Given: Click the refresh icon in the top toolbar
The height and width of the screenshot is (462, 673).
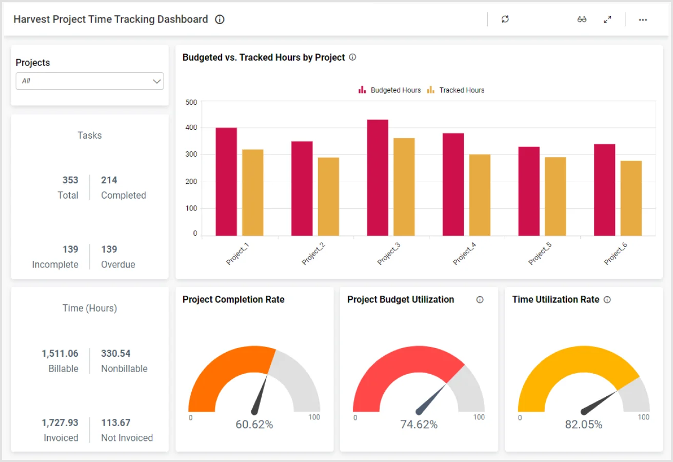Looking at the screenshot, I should click(x=505, y=20).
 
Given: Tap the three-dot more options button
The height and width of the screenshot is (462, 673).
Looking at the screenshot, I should click(x=643, y=20).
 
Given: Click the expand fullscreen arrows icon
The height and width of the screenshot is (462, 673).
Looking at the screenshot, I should click(x=607, y=20).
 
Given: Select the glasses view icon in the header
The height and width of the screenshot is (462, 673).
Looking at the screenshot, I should click(x=582, y=20).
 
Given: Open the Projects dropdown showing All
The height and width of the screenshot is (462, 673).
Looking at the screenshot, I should click(x=90, y=81).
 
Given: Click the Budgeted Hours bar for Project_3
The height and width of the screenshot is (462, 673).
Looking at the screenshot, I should click(x=378, y=178).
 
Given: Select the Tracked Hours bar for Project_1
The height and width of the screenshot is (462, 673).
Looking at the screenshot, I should click(x=253, y=192).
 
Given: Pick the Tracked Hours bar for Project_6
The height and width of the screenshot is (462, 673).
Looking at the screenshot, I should click(x=631, y=198).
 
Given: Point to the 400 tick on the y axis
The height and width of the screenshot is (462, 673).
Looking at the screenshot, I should click(x=191, y=128).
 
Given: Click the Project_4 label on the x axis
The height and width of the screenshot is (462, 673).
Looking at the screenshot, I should click(x=464, y=254).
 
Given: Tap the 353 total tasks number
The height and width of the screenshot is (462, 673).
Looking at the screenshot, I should click(x=70, y=180).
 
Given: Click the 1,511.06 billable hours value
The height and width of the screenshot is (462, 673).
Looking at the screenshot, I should click(x=60, y=354).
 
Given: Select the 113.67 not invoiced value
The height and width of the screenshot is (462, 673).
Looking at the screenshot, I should click(x=116, y=423).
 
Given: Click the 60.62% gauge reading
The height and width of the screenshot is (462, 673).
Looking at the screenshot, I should click(x=254, y=425).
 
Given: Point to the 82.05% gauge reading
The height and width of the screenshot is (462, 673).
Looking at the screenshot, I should click(x=584, y=425).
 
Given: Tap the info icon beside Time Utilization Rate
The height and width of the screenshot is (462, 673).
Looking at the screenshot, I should click(x=607, y=300).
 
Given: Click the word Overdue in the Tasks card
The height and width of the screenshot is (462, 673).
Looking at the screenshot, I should click(x=118, y=265).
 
